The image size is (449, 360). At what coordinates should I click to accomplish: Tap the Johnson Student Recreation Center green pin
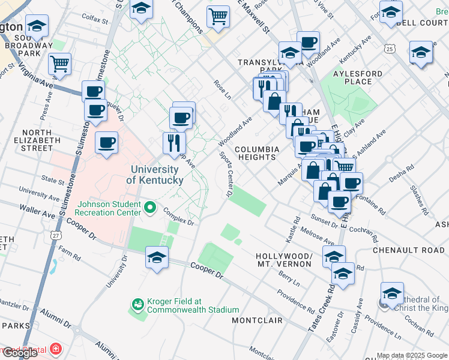click(151, 209)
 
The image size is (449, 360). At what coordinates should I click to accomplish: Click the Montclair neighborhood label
click(257, 320)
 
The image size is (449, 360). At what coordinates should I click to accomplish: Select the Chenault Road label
click(409, 250)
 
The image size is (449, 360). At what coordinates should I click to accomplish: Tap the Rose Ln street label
click(222, 90)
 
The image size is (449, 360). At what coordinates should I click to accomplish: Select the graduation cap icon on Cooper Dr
click(157, 258)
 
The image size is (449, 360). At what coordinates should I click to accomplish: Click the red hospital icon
click(56, 349)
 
